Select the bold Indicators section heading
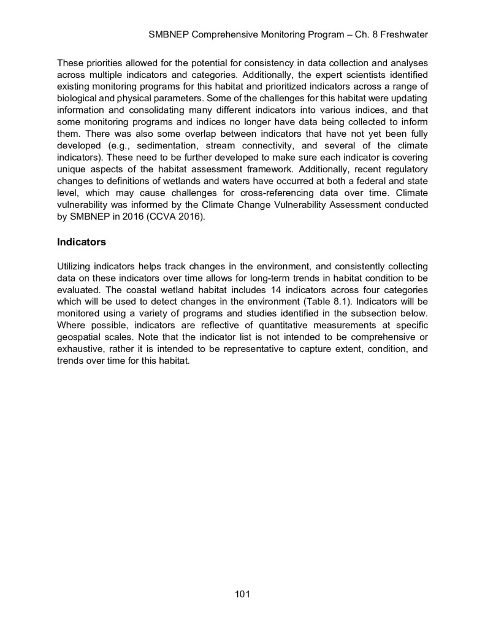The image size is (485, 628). coord(82,242)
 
